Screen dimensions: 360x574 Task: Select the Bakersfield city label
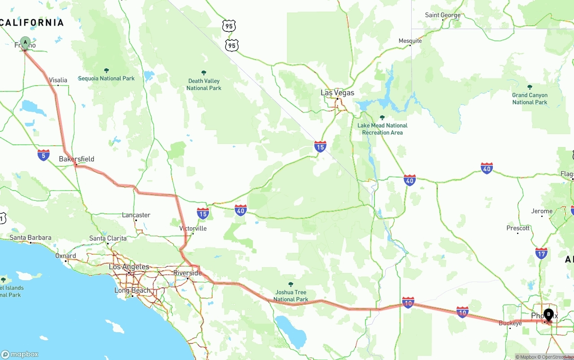pyautogui.click(x=77, y=159)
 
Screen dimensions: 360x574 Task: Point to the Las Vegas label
pyautogui.click(x=337, y=93)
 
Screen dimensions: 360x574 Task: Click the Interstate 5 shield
pyautogui.click(x=43, y=155)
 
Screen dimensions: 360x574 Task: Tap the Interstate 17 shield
pyautogui.click(x=541, y=253)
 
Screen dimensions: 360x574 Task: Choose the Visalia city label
pyautogui.click(x=58, y=80)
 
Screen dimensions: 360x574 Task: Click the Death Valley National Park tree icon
pyautogui.click(x=204, y=73)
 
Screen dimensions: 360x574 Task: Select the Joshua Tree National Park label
pyautogui.click(x=291, y=295)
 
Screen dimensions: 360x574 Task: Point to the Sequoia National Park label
pyautogui.click(x=106, y=78)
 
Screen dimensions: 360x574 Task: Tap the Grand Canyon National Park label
pyautogui.click(x=530, y=99)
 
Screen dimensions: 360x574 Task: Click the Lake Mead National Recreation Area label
pyautogui.click(x=382, y=129)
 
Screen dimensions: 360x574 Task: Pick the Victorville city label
pyautogui.click(x=193, y=228)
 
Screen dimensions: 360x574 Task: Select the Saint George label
pyautogui.click(x=443, y=15)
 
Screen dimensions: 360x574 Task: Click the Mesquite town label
pyautogui.click(x=410, y=41)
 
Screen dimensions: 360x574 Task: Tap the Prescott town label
pyautogui.click(x=518, y=228)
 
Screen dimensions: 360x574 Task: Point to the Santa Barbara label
pyautogui.click(x=30, y=238)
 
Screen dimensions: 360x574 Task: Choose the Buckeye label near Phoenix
pyautogui.click(x=510, y=323)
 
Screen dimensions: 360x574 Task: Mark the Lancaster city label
pyautogui.click(x=136, y=215)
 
